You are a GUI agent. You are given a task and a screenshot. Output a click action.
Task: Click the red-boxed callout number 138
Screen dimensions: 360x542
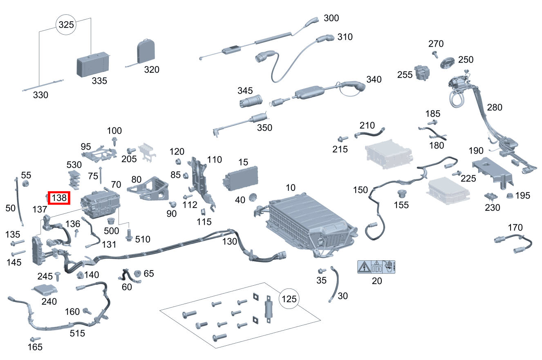(x=59, y=198)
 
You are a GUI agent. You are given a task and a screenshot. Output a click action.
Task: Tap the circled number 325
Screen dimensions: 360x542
(x=66, y=25)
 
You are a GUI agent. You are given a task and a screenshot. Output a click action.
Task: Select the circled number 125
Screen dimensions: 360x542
(x=289, y=299)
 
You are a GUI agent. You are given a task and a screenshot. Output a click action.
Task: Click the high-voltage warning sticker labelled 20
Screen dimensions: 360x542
(x=376, y=267)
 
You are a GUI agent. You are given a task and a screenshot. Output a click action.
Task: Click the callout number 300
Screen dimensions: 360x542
(x=331, y=18)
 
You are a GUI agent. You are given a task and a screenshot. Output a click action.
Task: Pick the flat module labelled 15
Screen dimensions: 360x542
(x=241, y=177)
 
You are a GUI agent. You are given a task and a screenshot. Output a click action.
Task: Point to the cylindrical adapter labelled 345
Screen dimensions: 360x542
(x=250, y=101)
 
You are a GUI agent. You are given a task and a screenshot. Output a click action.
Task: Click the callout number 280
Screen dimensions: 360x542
(x=495, y=107)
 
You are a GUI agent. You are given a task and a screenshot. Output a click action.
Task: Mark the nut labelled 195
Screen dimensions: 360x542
(x=510, y=195)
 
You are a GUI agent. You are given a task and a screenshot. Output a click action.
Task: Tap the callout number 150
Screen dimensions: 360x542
(x=361, y=190)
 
